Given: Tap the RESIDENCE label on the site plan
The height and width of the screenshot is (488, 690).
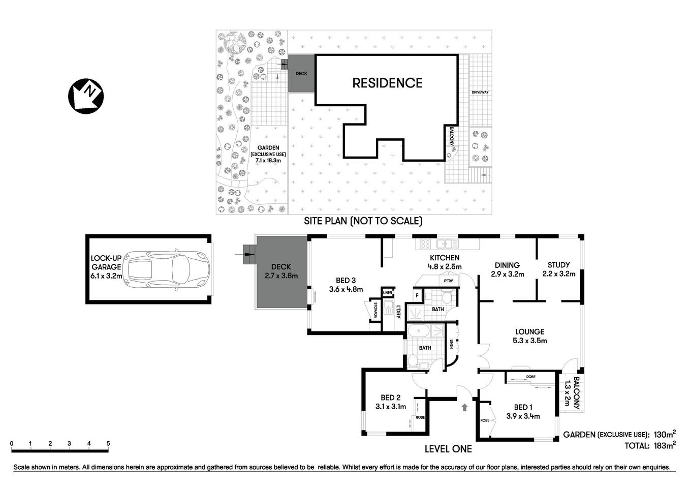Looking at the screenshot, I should [x=387, y=83].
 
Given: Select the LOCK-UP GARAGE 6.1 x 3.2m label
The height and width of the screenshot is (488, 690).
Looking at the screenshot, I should [x=106, y=267].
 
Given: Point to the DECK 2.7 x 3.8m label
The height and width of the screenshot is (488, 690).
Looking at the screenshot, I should [x=281, y=271].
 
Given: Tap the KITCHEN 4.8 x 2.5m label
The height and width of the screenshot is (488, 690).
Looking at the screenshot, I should [x=445, y=262].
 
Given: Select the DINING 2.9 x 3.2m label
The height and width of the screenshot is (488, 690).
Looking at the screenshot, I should [x=507, y=269].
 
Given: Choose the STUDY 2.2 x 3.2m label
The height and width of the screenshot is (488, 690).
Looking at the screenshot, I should [x=558, y=269].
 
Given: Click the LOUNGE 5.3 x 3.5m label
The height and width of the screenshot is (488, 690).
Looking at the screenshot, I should [x=529, y=336].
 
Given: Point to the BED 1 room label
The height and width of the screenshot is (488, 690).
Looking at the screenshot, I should [x=523, y=411].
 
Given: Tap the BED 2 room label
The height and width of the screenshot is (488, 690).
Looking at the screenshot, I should [x=391, y=402].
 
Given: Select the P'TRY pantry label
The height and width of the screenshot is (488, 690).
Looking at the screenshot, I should [x=448, y=281].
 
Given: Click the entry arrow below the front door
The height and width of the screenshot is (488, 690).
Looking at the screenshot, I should [x=464, y=407].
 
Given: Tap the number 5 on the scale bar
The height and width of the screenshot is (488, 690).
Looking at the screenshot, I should [x=108, y=444].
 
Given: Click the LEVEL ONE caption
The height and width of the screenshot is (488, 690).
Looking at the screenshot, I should [x=448, y=449].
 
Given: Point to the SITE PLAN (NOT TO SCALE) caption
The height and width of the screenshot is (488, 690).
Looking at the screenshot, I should [x=363, y=221].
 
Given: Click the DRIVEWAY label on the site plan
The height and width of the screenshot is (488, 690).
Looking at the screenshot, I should [x=480, y=92].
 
